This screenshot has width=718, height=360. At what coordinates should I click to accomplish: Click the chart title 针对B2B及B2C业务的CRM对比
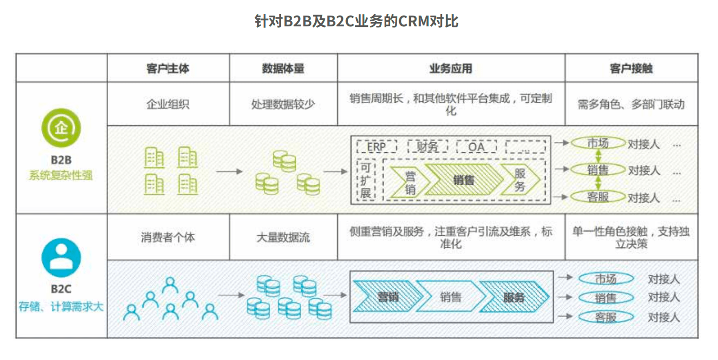(x=357, y=21)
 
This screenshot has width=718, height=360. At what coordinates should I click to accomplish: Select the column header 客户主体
(x=168, y=68)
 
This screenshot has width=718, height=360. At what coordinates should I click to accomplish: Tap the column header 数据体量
(x=283, y=68)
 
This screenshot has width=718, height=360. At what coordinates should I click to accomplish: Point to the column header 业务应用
(x=451, y=68)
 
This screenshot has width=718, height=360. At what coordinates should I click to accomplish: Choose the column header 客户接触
(x=631, y=68)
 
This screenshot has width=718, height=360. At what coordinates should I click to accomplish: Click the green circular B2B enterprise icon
(x=61, y=128)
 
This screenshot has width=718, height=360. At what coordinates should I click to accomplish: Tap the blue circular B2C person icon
(x=61, y=257)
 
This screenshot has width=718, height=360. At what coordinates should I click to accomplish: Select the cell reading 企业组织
(x=168, y=104)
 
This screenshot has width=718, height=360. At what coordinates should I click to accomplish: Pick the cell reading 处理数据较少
(x=283, y=104)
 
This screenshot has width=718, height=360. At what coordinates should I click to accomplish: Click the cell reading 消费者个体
(x=168, y=237)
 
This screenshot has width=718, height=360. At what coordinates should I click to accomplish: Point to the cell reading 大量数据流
(x=283, y=237)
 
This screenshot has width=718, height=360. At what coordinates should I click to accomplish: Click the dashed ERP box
(x=376, y=147)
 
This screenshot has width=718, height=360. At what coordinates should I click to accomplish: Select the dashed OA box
(x=476, y=147)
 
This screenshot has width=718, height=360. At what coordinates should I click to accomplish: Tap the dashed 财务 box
(x=427, y=147)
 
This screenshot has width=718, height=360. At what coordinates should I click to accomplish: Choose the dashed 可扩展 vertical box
(x=366, y=180)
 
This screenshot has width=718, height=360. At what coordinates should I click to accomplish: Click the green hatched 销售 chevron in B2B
(x=464, y=180)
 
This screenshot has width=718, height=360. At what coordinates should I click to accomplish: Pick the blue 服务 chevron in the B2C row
(x=514, y=297)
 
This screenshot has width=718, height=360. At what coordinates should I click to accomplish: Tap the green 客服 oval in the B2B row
(x=598, y=196)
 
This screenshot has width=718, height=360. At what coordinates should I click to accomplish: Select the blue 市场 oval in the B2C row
(x=606, y=278)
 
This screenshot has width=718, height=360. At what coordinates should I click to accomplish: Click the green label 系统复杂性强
(x=61, y=175)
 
